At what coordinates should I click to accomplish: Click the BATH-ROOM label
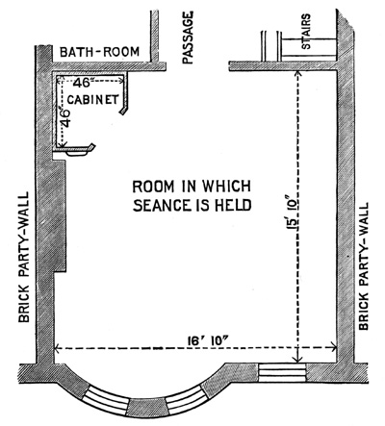click(x=100, y=52)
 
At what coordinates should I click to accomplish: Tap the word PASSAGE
click(x=188, y=38)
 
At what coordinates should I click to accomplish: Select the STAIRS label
click(x=306, y=31)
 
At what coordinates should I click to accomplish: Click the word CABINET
click(x=92, y=100)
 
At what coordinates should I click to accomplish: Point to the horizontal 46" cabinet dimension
click(x=82, y=83)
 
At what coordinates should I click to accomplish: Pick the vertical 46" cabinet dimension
click(x=64, y=118)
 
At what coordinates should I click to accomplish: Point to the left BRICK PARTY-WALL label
click(x=23, y=257)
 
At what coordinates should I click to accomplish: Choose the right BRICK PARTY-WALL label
click(x=363, y=266)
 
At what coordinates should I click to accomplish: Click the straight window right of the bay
click(x=282, y=372)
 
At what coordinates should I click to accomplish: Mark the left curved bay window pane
click(x=108, y=397)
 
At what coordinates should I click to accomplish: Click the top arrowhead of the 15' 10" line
click(x=298, y=74)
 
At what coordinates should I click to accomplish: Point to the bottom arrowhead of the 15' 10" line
click(x=298, y=359)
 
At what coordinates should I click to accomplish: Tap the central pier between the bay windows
click(x=148, y=408)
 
